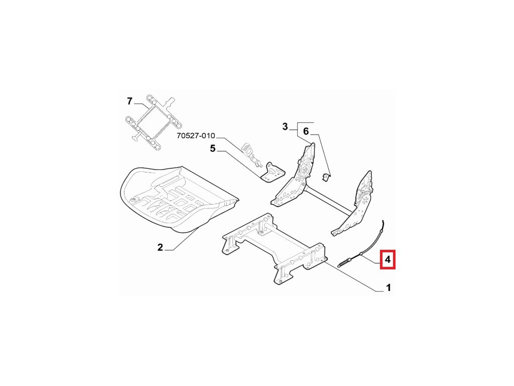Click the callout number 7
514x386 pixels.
coord(130,101)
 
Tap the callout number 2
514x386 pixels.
coord(160,247)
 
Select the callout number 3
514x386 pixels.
coord(285,127)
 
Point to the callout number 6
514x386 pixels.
coord(307,132)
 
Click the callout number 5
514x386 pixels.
coord(212,148)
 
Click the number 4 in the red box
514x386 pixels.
coord(388,260)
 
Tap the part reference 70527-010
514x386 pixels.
coord(196,136)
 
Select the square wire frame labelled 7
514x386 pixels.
coord(150,121)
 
